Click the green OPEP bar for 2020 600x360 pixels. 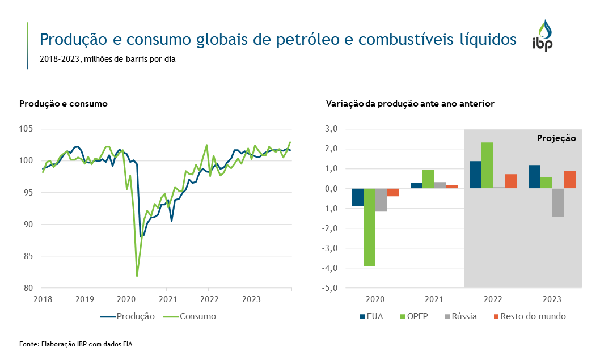coord(369,227)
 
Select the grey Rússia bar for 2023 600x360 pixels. coord(557,202)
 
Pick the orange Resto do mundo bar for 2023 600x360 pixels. coord(569,179)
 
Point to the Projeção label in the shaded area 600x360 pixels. coord(556,138)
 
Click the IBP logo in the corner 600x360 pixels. coord(542,36)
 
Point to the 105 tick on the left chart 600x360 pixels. coord(27,129)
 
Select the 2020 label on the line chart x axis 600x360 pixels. coord(125,298)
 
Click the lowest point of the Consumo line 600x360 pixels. coord(137,276)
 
